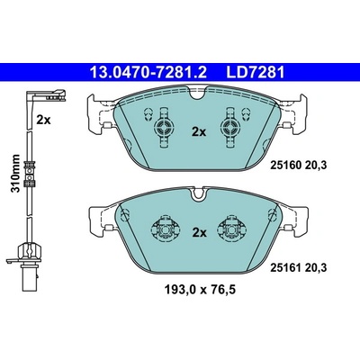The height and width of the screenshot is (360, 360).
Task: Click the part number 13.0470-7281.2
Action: point(148,72)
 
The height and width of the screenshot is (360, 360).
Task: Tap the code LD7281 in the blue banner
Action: point(255,72)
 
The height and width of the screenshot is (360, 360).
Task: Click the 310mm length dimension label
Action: point(15,174)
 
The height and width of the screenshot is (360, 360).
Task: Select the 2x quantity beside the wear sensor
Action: point(44,120)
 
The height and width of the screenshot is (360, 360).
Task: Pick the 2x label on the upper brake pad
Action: point(199,131)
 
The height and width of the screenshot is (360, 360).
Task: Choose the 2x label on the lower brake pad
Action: point(200,232)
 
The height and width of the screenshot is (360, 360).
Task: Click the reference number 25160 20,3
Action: point(299,165)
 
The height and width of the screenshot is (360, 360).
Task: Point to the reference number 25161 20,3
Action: point(299,267)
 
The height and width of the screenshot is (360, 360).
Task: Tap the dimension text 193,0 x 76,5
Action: point(200,290)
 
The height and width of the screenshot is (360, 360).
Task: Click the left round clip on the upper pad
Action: point(164,128)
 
